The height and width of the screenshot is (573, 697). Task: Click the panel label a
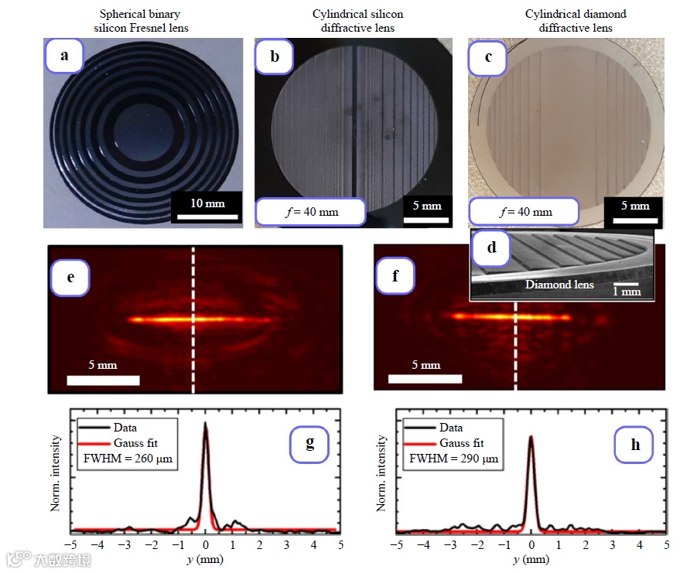point(63,56)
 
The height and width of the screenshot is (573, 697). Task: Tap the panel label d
point(492,248)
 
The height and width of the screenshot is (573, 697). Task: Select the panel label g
point(309,443)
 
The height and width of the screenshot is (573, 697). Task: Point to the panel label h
point(634,445)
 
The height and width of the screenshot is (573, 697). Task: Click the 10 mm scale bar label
point(208,203)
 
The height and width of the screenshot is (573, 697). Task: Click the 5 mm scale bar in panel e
point(103,380)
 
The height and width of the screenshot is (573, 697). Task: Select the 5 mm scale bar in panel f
point(425,379)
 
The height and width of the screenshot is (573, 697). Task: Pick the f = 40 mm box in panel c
point(524,211)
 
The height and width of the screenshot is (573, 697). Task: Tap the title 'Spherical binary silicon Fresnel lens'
point(140,21)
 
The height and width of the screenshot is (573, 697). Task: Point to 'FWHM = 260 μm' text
point(128,459)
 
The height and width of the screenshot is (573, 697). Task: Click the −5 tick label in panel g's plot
point(70,545)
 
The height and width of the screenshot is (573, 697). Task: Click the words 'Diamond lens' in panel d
point(559,285)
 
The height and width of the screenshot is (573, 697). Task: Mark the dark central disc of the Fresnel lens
point(139,128)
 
